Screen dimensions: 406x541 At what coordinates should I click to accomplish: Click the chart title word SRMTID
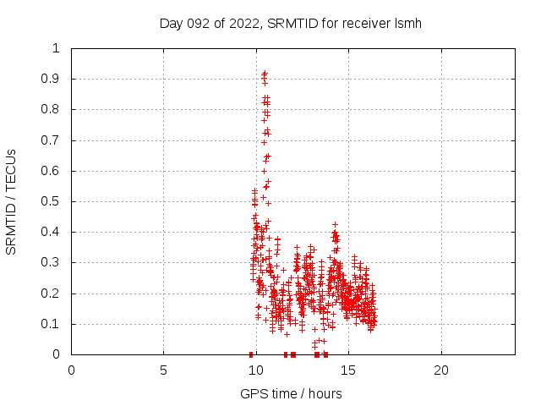click(291, 24)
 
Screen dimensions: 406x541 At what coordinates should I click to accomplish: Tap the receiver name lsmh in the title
click(407, 24)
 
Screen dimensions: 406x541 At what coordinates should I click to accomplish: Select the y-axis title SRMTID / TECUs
click(12, 201)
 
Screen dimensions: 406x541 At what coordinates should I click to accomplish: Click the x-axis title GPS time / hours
click(291, 393)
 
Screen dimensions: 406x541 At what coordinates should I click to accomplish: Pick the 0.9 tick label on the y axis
click(53, 79)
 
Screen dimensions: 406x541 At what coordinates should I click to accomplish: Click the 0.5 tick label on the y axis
click(53, 201)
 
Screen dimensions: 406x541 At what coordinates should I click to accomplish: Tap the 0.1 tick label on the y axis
click(53, 324)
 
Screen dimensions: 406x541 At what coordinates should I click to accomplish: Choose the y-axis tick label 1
click(57, 48)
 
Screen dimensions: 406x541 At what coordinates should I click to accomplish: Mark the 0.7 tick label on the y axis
click(53, 140)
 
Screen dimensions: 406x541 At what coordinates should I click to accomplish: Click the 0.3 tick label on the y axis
click(53, 262)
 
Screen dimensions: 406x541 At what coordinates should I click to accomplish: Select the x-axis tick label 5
click(163, 370)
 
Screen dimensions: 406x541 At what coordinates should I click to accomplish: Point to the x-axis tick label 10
click(256, 370)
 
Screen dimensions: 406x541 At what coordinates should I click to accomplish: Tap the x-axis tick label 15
click(348, 370)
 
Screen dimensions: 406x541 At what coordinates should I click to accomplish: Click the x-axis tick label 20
click(440, 370)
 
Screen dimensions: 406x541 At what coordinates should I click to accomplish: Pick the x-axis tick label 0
click(71, 370)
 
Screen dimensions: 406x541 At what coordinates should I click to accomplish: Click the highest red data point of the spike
click(265, 73)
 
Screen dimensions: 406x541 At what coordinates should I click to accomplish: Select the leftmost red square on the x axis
click(251, 354)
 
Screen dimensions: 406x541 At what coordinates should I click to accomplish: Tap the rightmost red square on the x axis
click(325, 354)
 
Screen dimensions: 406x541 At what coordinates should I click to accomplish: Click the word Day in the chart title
click(171, 24)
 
